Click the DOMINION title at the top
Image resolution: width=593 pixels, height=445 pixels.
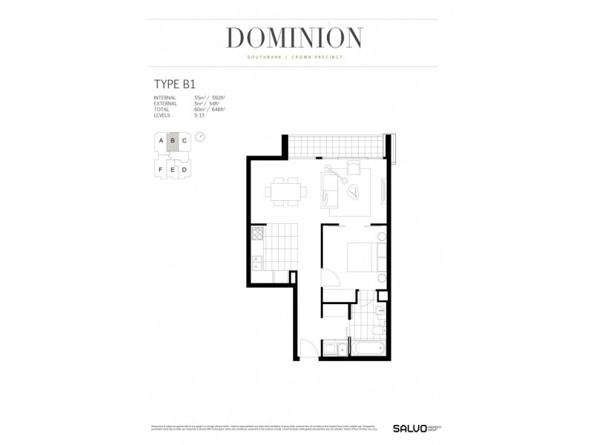click(294, 37)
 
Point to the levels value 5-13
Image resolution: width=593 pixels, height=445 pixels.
click(199, 116)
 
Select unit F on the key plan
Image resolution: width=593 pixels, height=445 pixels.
click(160, 170)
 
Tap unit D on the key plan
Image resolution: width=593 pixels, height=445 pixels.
click(184, 170)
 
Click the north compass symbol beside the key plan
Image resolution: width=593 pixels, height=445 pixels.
click(200, 137)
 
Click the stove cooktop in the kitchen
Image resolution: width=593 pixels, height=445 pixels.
click(256, 236)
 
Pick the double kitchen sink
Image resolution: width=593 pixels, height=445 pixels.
click(256, 262)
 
